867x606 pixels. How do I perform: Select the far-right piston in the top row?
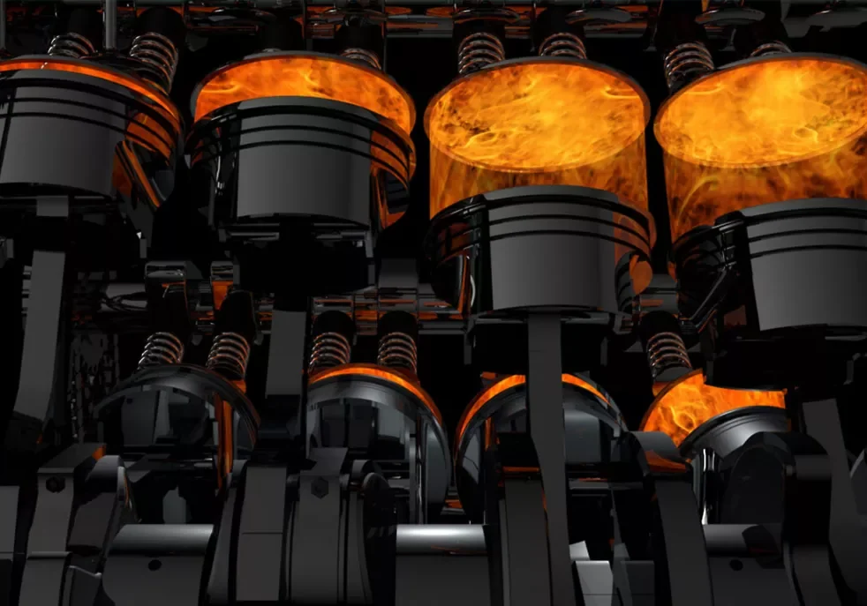(x=799, y=265)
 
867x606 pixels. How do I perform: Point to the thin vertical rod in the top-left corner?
(x=109, y=22)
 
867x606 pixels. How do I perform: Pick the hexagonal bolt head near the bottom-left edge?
(x=55, y=484)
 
